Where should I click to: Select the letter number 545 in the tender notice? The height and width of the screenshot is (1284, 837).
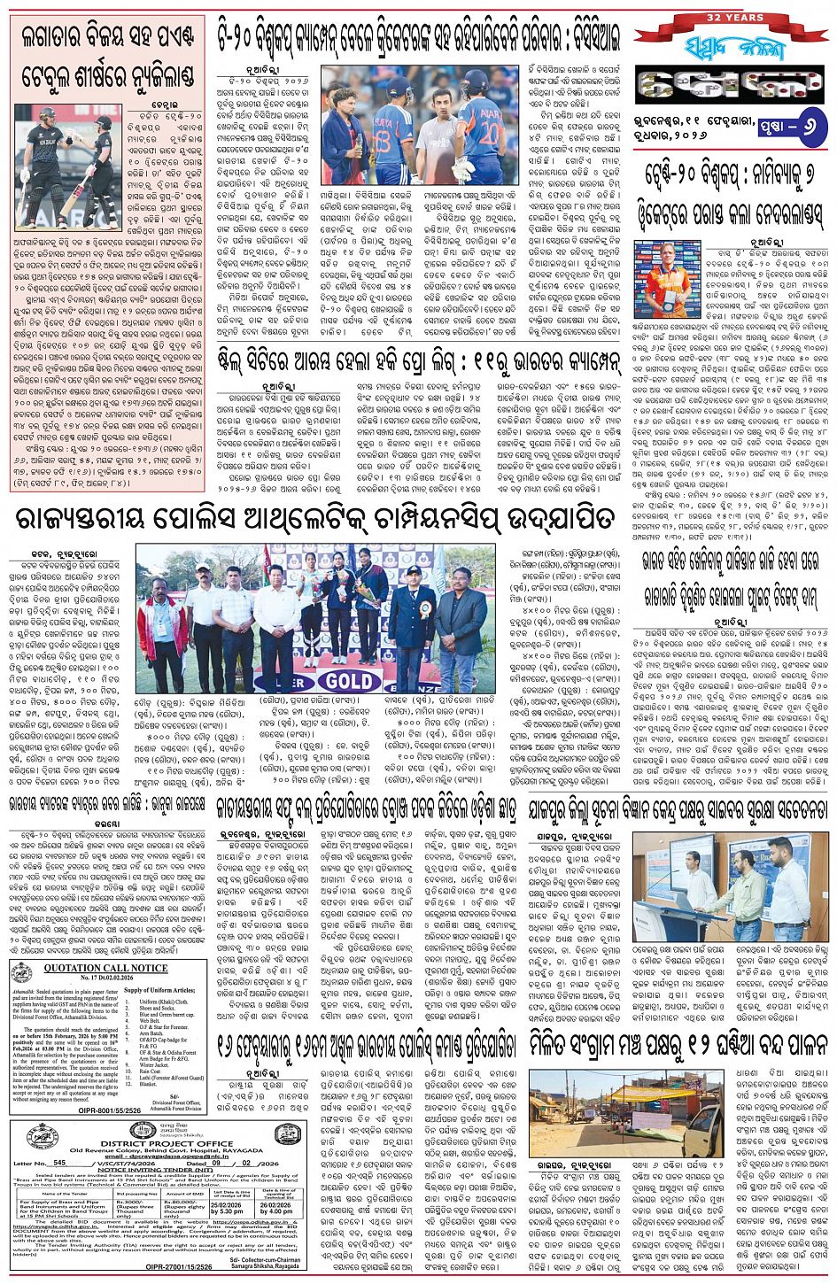click(x=59, y=1162)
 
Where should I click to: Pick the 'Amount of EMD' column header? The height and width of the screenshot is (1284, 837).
click(x=184, y=1193)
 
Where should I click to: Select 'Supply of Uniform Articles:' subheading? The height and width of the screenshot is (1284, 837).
click(x=159, y=989)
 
